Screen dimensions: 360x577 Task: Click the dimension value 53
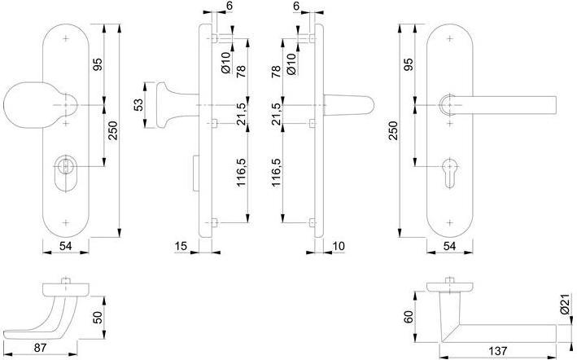pyautogui.click(x=138, y=105)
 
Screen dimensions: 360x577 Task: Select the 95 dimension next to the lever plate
pyautogui.click(x=410, y=65)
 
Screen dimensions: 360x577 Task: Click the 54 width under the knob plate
pyautogui.click(x=65, y=245)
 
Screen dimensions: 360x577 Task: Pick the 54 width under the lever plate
pyautogui.click(x=449, y=245)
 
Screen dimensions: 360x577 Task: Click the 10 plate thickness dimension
pyautogui.click(x=339, y=244)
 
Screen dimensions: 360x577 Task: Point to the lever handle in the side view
pyautogui.click(x=350, y=105)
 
